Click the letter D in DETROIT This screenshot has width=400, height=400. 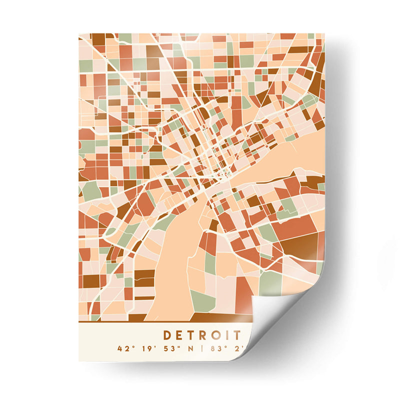click(167, 334)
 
